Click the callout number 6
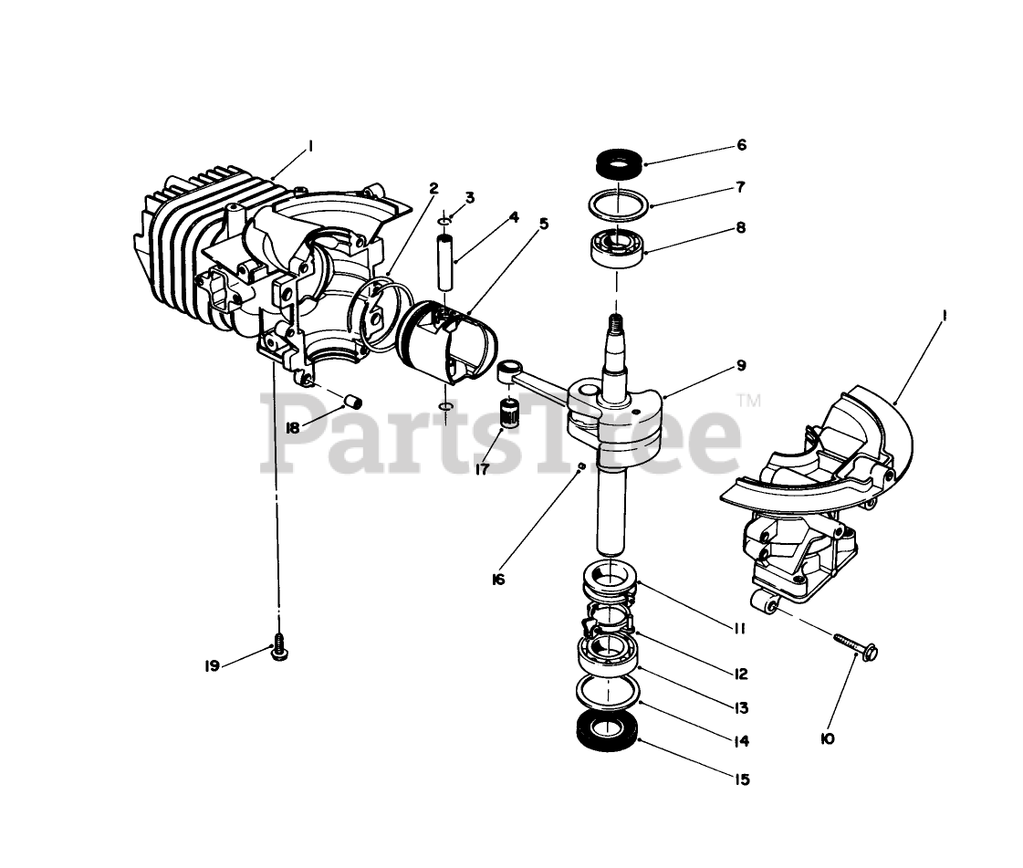coord(741,145)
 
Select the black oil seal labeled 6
coord(619,163)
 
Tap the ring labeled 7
coord(619,204)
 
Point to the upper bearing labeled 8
coord(618,246)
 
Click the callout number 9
coord(741,365)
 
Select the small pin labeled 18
coord(353,400)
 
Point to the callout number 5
coord(544,224)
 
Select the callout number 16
coord(498,580)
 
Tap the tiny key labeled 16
coord(580,465)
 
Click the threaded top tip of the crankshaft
coord(614,322)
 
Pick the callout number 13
coord(740,708)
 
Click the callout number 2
coord(433,189)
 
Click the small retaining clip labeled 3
coord(445,223)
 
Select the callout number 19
coord(212,666)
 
